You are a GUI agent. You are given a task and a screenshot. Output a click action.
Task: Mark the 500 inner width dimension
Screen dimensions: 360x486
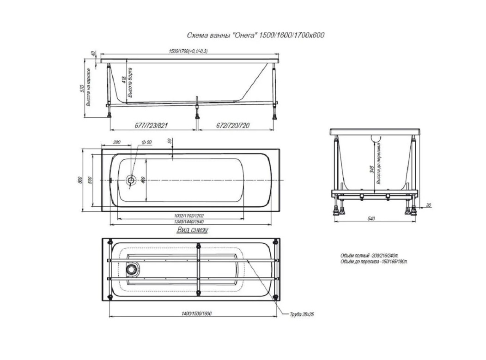91,180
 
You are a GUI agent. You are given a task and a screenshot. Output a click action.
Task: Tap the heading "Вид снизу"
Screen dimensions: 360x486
192,230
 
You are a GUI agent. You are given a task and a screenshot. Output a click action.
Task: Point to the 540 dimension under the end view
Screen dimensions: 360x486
371,219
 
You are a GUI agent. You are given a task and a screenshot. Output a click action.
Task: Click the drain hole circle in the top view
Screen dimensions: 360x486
131,180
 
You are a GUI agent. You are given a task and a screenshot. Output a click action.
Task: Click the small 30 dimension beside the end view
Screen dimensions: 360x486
429,205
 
